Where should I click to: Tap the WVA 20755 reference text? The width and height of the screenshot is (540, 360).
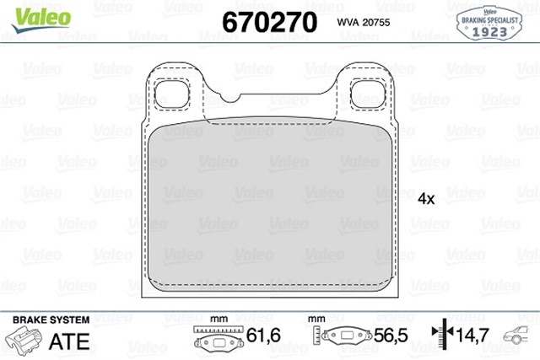363,24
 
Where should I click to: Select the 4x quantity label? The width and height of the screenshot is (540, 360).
426,199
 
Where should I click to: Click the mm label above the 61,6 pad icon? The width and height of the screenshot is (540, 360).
219,319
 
